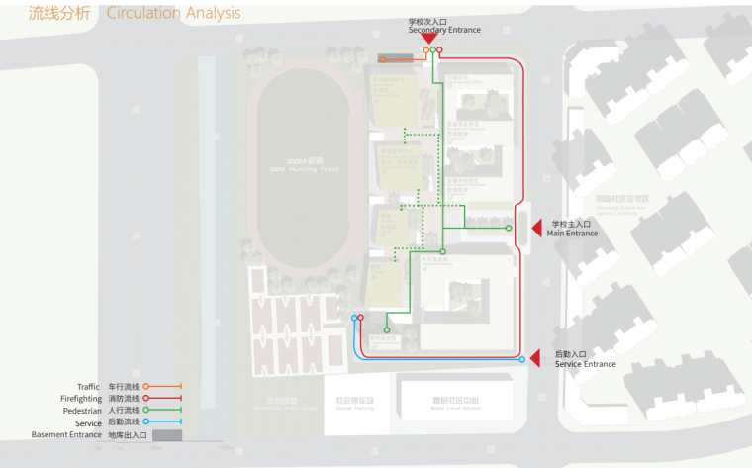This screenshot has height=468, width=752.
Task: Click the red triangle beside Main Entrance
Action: click(535, 229)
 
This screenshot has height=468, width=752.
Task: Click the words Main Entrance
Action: click(574, 234)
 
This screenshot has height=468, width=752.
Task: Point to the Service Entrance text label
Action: click(585, 364)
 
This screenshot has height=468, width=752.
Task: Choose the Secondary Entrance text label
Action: click(444, 30)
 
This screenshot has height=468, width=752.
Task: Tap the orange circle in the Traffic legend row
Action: click(146, 386)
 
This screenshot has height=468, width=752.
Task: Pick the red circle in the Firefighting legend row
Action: click(146, 398)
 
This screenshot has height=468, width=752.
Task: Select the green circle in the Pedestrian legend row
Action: click(146, 410)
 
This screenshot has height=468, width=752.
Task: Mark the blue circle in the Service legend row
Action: click(146, 422)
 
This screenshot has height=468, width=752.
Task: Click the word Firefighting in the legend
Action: click(80, 398)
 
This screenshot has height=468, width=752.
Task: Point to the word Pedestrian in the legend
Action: click(82, 410)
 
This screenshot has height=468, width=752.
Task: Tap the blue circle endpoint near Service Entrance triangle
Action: click(522, 360)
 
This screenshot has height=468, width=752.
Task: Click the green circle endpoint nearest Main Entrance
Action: click(510, 229)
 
